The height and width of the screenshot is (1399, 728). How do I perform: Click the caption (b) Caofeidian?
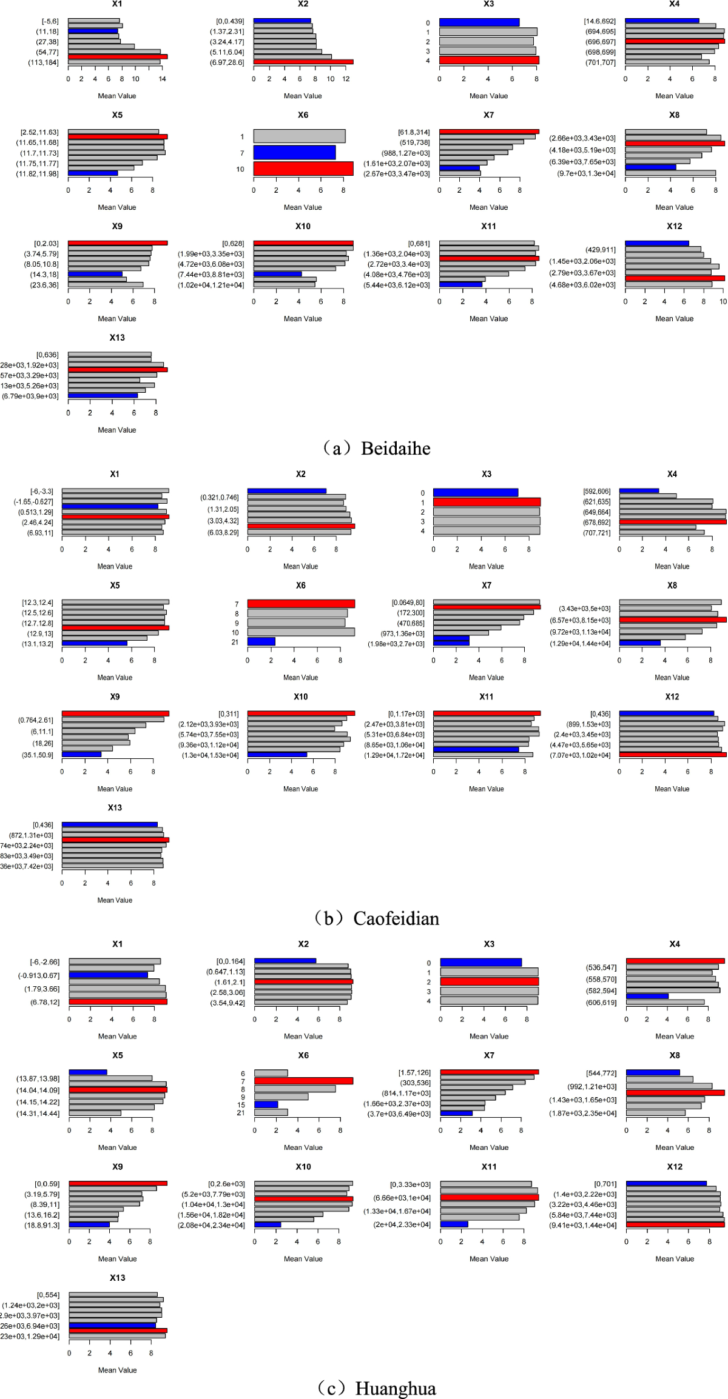377,918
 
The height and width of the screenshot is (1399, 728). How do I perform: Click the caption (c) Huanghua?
377,1388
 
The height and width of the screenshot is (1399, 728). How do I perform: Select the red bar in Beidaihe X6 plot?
303,169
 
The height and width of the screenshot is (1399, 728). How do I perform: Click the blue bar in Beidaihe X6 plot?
294,152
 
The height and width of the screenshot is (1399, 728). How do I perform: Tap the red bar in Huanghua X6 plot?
303,1081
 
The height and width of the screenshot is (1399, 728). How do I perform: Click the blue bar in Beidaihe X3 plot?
479,22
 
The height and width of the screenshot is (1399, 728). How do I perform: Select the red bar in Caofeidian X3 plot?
487,503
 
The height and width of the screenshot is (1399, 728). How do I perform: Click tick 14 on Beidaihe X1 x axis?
162,79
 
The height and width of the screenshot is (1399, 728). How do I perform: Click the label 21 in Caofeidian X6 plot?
235,642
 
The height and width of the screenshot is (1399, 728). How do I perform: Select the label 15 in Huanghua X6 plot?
241,1104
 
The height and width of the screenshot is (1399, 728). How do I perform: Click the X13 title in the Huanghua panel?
117,1278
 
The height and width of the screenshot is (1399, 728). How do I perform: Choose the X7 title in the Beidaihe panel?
488,115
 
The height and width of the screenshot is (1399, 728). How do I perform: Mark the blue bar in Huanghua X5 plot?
88,1072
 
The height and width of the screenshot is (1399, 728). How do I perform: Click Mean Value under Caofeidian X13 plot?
115,900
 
